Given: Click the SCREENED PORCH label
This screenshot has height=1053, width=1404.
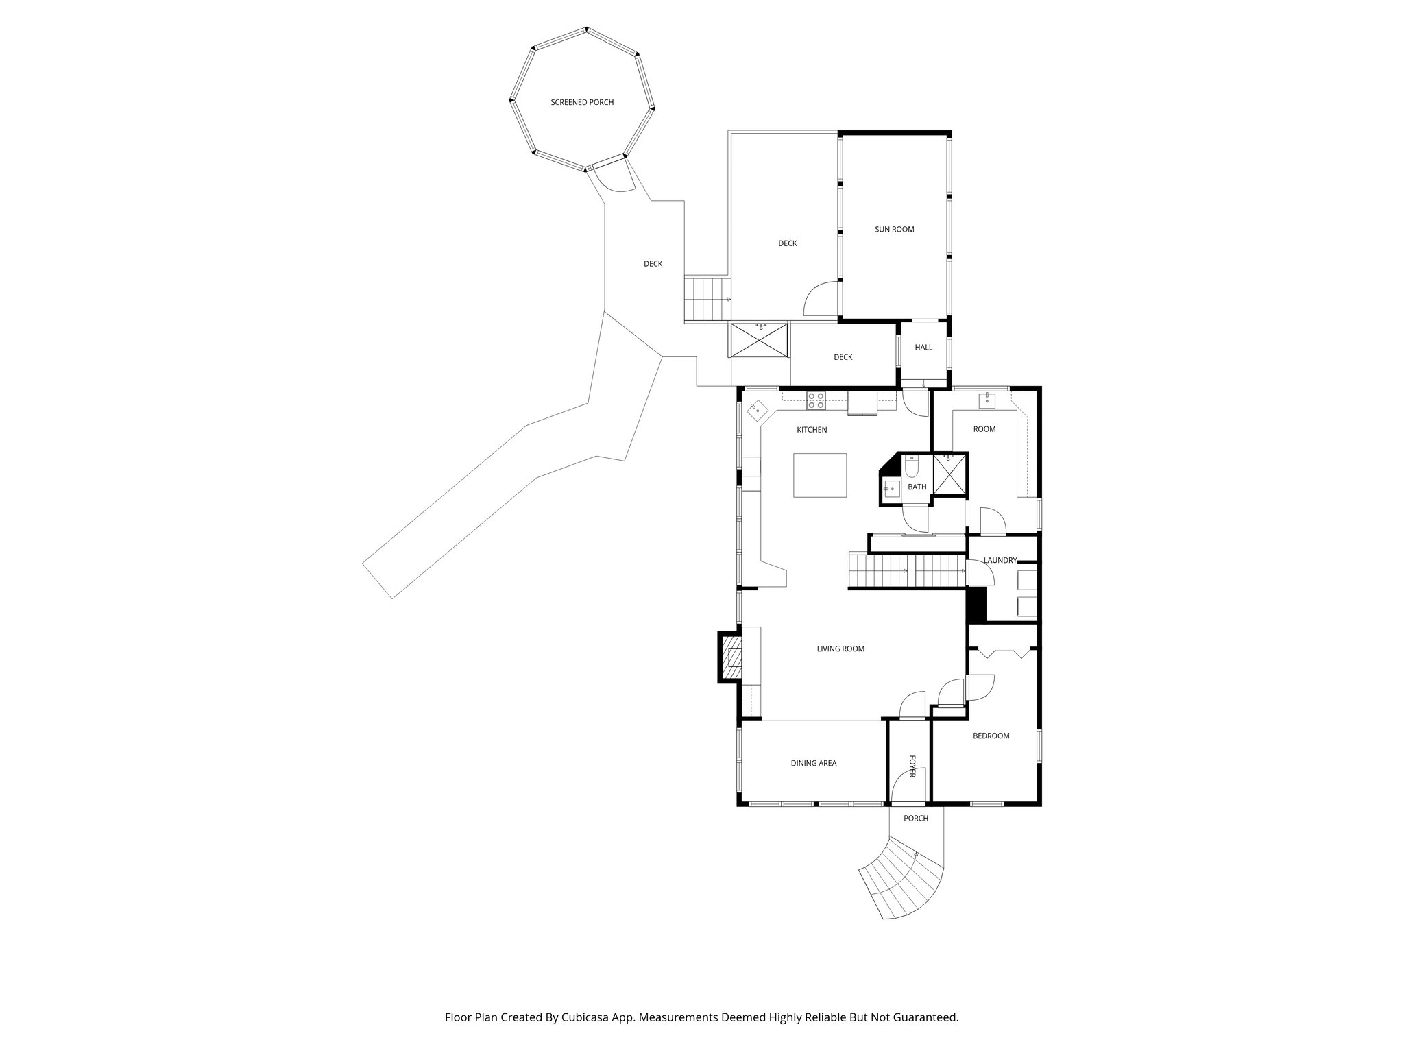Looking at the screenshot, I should [x=582, y=102].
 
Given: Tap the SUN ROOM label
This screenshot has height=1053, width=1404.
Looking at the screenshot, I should [x=894, y=230].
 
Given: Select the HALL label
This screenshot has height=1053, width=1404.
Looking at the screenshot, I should [x=923, y=348].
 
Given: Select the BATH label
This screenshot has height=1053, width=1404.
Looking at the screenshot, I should [x=917, y=487].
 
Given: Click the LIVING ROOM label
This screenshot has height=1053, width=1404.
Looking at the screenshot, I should [x=840, y=649].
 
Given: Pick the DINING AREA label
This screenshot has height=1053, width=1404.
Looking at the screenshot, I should [x=813, y=763].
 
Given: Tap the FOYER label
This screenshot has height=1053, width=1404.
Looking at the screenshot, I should [x=912, y=766].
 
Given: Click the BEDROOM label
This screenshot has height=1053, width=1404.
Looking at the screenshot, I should [x=991, y=736].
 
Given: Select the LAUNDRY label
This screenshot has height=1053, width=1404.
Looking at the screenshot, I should [x=1000, y=560].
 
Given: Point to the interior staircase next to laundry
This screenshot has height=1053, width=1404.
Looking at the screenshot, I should [x=905, y=571].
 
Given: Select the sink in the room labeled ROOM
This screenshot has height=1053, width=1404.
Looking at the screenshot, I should [x=987, y=400].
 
